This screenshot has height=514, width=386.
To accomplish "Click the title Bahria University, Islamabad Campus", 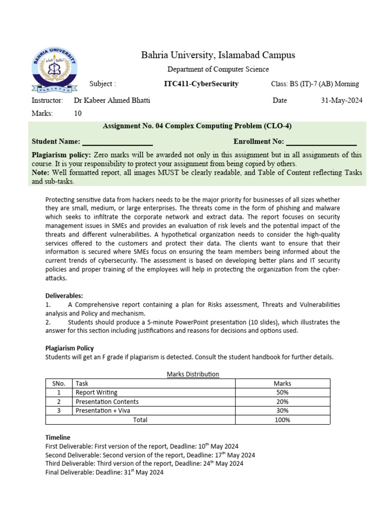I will point(218,55).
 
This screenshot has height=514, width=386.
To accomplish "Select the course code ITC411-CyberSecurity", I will point(201,84).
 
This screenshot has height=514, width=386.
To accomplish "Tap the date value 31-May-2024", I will point(341,100).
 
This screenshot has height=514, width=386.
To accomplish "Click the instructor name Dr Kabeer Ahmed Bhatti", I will point(112,100).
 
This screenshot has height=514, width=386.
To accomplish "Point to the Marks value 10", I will point(78,113).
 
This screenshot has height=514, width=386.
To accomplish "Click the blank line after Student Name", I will point(117,142).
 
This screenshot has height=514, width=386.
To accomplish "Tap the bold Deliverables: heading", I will point(64,296).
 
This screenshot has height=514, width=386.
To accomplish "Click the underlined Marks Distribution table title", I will point(192,374).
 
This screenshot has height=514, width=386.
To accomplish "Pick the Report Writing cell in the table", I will point(96,393).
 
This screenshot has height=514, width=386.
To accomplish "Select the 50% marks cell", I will point(282,393).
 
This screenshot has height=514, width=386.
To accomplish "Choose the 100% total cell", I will point(282,420).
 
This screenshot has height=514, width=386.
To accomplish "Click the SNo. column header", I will point(59,383).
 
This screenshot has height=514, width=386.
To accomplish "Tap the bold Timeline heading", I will point(58,437).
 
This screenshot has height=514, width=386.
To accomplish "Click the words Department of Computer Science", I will point(218,69).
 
